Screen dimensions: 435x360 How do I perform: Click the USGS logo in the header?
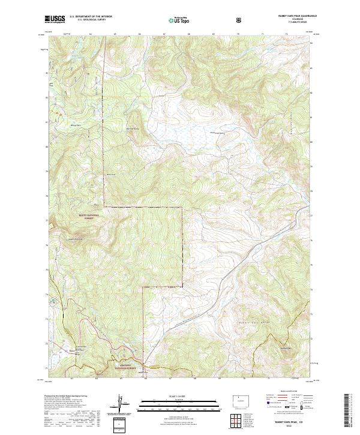tap(55, 20)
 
